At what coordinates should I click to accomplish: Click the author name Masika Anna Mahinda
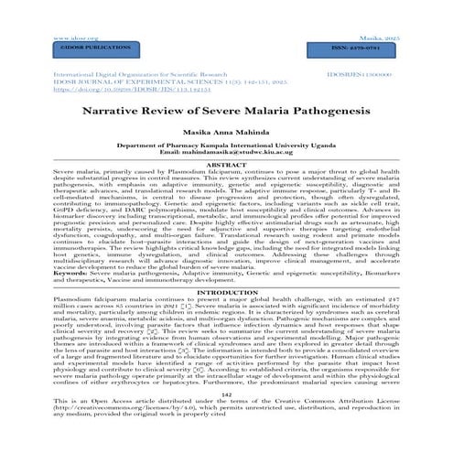pos(226,133)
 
